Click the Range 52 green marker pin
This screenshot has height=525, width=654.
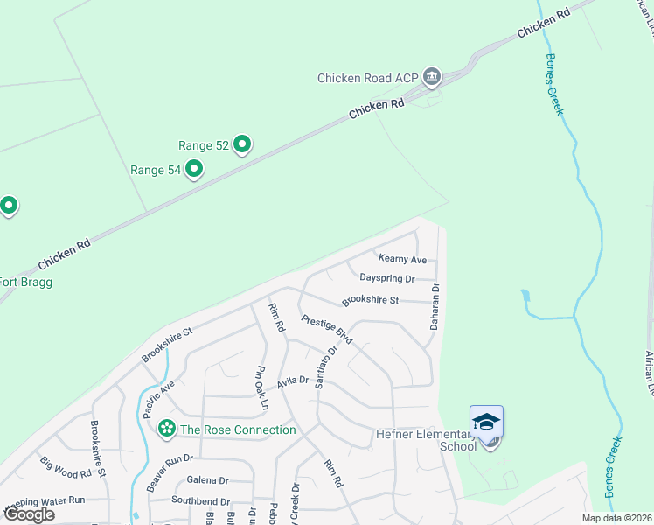pos(242,144)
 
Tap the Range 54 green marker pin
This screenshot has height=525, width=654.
pos(194,169)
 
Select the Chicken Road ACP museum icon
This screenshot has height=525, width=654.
pos(431,77)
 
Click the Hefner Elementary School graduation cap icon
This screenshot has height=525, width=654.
pos(486,422)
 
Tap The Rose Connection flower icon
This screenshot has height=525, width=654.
pos(166,430)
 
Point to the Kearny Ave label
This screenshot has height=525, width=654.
pos(402,259)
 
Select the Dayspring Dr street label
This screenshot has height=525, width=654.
pos(386,278)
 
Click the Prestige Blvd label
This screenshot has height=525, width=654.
pos(326,329)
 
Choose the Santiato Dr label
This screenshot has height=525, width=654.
pos(325,368)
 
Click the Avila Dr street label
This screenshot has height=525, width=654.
pos(293,381)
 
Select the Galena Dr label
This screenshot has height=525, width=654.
pos(207,480)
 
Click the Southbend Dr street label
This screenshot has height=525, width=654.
pos(200,501)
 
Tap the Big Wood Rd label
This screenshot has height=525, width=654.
pos(66,467)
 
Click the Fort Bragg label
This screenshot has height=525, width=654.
pos(24,282)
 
